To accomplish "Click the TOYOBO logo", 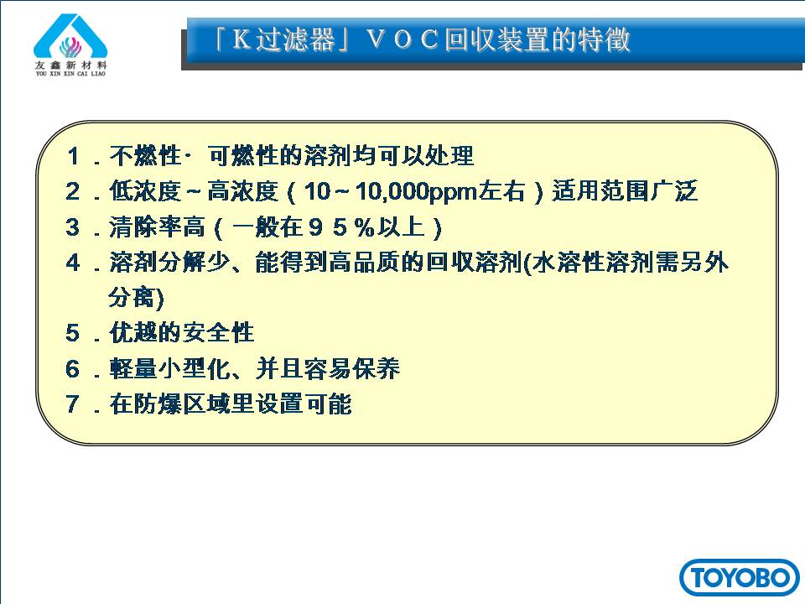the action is coord(740,577).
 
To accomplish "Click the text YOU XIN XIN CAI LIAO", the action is coord(70,74).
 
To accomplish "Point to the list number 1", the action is coord(74,156).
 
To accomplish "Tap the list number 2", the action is coord(73,191).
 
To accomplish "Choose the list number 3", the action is coord(73,227).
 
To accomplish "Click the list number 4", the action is coord(73,263).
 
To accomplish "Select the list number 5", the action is coord(73,333).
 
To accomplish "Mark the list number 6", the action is coord(73,369).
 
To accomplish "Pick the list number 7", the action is coord(73,404).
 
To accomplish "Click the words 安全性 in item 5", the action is coord(218,333).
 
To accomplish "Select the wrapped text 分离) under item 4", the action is coord(136,298).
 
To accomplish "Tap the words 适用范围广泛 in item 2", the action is coord(625,191).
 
